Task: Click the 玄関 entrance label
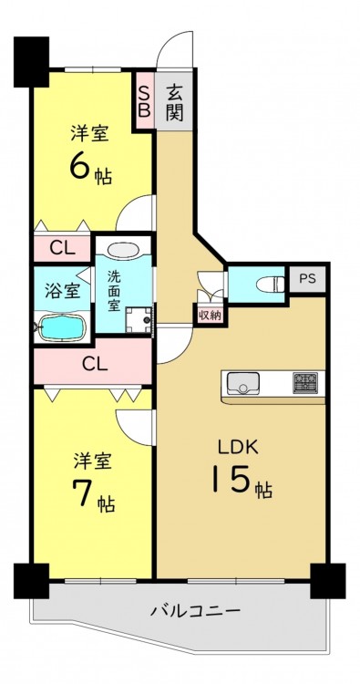pos(173,102)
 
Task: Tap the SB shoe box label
pos(144,101)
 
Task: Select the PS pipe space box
pos(307,279)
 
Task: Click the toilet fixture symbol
pos(270,285)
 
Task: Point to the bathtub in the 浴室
pos(61,326)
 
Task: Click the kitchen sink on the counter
pos(242,382)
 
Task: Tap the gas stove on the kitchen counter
pos(304,382)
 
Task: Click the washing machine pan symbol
pos(139,320)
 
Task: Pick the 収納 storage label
pos(211,314)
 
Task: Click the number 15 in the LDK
pos(231,478)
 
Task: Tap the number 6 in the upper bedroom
pos(80,166)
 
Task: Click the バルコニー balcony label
pos(196,609)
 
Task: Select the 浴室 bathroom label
pos(63,291)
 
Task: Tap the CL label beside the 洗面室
pos(62,248)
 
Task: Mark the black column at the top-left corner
pos(31,62)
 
